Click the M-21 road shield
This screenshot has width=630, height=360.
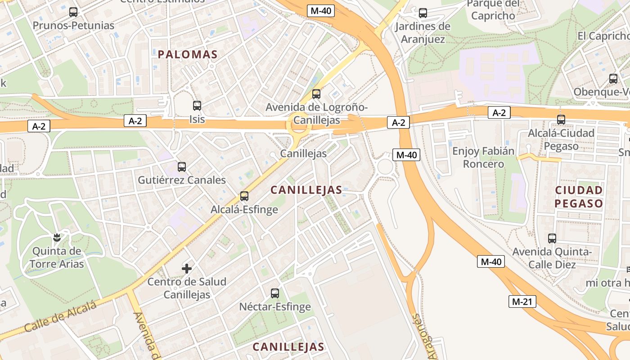tap(522, 301)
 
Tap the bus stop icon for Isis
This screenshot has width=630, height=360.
tap(197, 106)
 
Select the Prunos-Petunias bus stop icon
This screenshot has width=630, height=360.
tap(73, 12)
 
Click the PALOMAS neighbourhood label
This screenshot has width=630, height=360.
tap(188, 55)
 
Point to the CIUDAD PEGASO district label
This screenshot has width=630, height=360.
tap(579, 197)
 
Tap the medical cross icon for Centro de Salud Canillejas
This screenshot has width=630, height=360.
tap(187, 269)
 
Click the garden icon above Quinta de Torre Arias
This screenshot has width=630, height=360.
tap(57, 237)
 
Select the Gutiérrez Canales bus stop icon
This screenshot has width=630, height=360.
tap(182, 167)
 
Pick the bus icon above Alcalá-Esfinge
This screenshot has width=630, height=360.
tap(244, 196)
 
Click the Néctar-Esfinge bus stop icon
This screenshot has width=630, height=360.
tap(275, 293)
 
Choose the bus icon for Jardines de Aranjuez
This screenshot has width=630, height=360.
tap(423, 13)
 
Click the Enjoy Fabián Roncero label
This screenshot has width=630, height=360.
tap(483, 157)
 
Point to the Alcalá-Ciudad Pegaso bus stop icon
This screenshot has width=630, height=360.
tap(561, 120)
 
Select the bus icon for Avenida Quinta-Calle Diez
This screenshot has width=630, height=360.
tap(552, 238)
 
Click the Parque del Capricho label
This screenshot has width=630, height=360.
tap(493, 10)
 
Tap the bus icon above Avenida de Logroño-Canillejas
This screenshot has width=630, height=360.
tap(316, 94)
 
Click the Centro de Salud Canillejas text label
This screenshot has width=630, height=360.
tap(187, 288)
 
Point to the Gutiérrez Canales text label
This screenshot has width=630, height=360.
tap(182, 180)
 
